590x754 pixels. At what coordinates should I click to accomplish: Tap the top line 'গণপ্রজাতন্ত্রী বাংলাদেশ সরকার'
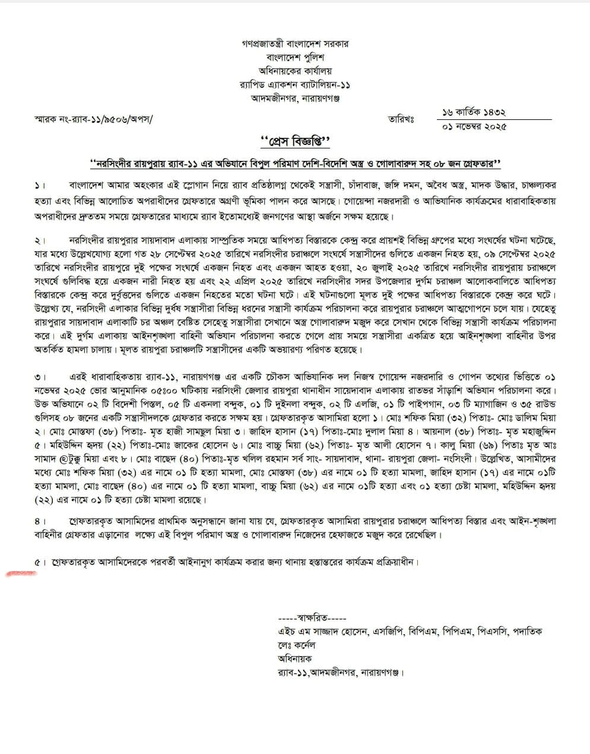tap(295, 43)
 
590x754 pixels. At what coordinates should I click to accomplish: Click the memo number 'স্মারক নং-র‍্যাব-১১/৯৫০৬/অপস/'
tap(93, 119)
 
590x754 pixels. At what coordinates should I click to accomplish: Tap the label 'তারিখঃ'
tap(401, 119)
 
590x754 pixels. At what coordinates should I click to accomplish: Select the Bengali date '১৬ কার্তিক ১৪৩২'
tap(473, 112)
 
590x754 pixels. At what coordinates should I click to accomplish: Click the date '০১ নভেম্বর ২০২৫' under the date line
tap(474, 126)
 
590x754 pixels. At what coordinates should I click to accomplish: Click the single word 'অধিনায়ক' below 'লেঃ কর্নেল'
tap(294, 659)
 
